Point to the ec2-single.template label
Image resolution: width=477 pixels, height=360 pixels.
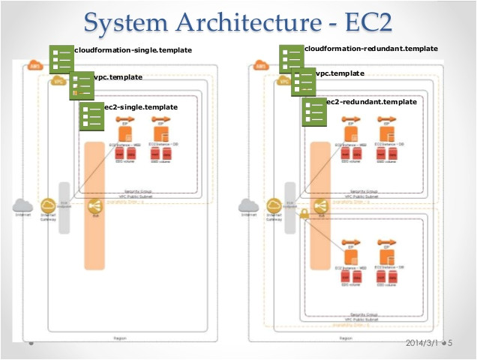tap(141, 107)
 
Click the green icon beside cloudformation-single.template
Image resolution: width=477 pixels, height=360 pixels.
tap(61, 58)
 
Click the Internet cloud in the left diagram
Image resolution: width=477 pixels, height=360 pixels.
tap(22, 205)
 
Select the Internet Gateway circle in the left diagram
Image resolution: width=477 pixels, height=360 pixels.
tap(48, 205)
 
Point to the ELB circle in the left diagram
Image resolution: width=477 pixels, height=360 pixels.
tap(94, 205)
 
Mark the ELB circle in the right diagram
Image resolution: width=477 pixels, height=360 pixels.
tap(321, 205)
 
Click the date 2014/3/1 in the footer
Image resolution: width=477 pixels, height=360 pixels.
tap(421, 344)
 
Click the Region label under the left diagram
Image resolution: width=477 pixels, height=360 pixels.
tap(118, 338)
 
